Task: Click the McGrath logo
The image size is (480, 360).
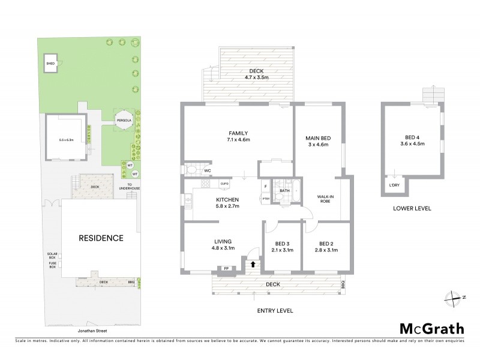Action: point(432,328)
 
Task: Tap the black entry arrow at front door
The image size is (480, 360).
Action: point(253,263)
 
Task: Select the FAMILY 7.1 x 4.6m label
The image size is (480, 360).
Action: point(238,136)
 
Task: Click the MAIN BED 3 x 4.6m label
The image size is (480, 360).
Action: point(318,142)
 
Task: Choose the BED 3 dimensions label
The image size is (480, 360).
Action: point(282,247)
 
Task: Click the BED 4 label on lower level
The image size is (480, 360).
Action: point(412,140)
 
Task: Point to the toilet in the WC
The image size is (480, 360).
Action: point(191,170)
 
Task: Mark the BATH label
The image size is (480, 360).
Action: point(284,191)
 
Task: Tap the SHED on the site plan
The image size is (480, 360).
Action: point(51,63)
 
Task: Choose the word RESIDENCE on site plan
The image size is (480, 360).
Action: point(101,238)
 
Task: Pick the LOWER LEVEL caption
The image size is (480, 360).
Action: point(412,209)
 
